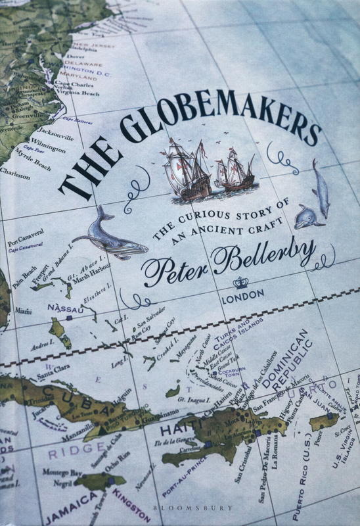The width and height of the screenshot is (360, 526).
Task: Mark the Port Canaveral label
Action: click(x=22, y=232)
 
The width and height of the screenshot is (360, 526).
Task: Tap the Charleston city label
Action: click(x=16, y=176)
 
